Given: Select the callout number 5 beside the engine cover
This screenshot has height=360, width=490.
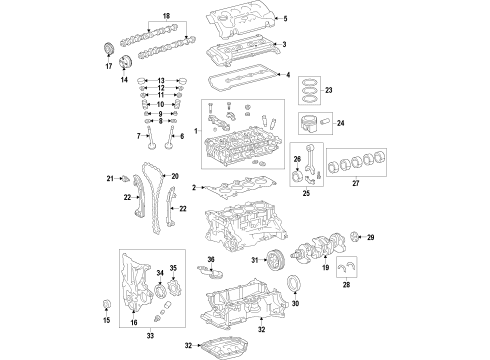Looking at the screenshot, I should tap(284, 20).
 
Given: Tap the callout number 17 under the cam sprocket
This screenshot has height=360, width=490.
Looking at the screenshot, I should tap(110, 67).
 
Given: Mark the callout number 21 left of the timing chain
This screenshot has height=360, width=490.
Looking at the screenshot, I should tap(111, 179).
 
